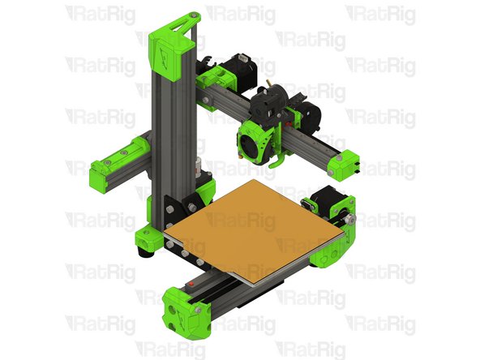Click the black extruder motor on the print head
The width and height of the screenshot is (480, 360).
tap(267, 105)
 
